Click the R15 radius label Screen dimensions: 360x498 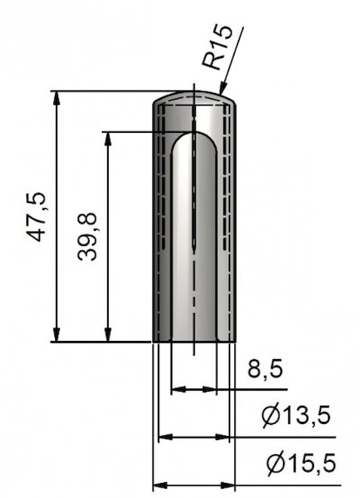point(219,47)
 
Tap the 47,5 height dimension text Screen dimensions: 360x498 point(36,217)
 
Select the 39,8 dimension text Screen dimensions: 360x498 point(87,237)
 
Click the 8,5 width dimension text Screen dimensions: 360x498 point(265,369)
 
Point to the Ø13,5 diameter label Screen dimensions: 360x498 point(296,415)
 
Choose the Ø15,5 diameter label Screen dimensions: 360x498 point(301,463)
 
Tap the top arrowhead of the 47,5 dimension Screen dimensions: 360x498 point(57,98)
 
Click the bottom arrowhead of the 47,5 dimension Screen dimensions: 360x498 point(57,335)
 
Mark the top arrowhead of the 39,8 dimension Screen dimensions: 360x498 point(109,139)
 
